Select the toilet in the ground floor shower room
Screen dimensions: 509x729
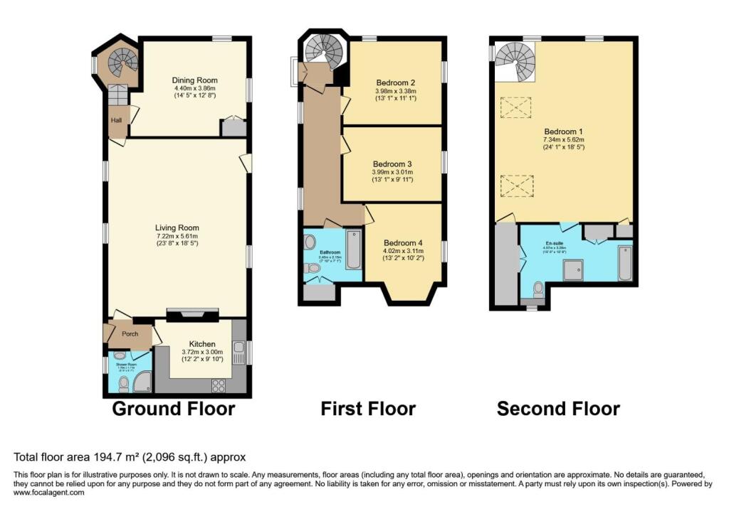123,385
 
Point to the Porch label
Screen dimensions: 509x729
129,334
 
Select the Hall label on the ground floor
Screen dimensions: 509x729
116,121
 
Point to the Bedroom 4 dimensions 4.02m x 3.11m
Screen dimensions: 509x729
403,250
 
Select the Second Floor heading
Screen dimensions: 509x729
557,409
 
